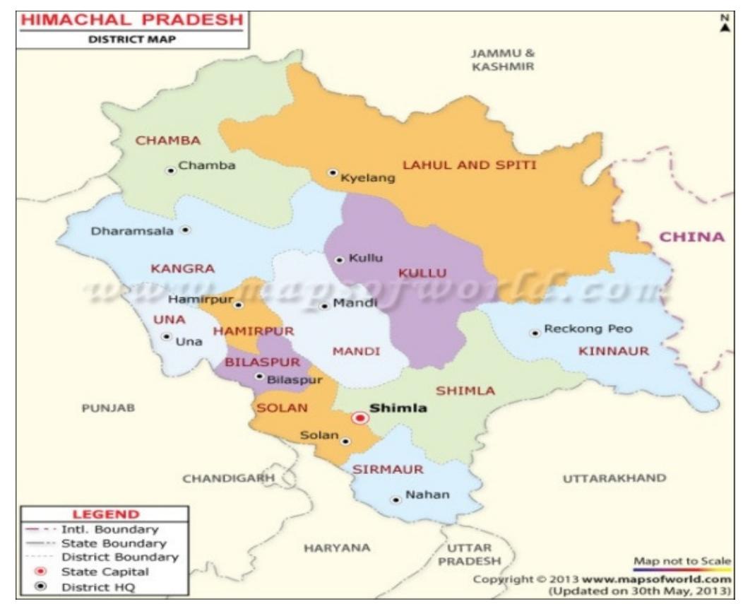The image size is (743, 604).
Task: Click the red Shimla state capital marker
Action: click(361, 418)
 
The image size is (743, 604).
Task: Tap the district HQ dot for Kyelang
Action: click(332, 172)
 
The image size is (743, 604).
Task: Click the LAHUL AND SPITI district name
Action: click(470, 165)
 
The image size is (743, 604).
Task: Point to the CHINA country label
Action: click(691, 237)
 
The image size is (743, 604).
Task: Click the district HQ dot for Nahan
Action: click(396, 500)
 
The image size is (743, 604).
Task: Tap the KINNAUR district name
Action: click(613, 351)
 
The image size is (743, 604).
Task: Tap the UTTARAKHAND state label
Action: click(614, 478)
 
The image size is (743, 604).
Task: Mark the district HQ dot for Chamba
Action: click(170, 170)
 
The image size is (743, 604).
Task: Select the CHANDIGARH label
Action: click(228, 478)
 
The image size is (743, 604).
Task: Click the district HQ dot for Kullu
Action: click(340, 259)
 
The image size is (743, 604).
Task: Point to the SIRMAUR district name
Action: click(388, 469)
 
